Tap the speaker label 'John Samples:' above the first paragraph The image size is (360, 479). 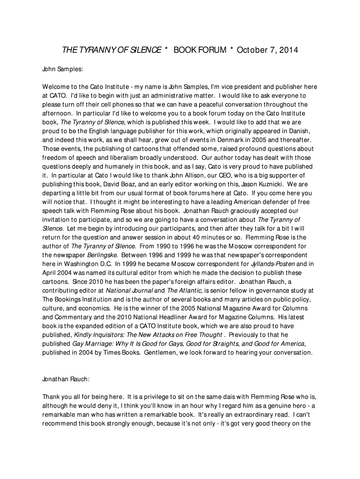tap(63, 69)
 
